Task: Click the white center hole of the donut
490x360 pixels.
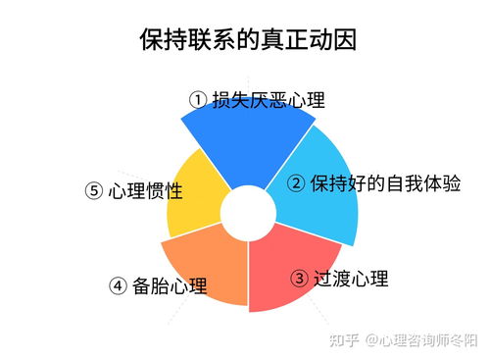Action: pos(246,213)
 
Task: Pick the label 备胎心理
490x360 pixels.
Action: pos(171,286)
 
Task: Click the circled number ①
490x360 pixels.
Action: pos(197,100)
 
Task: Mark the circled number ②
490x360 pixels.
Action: pos(296,183)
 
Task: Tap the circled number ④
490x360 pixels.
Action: pos(119,286)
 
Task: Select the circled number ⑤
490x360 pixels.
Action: pos(94,191)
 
